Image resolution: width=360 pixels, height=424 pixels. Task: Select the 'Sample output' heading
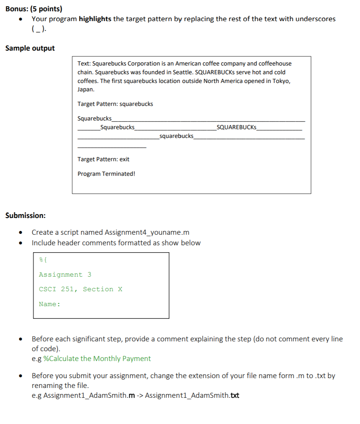30,48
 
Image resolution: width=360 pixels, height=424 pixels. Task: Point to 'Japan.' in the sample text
86,89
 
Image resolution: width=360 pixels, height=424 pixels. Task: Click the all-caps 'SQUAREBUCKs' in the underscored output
236,127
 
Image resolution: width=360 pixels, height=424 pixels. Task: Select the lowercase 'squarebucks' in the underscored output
176,136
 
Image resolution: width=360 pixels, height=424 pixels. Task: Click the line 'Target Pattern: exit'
103,159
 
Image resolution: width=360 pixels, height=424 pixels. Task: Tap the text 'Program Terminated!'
106,174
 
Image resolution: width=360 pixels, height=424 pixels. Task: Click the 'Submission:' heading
25,215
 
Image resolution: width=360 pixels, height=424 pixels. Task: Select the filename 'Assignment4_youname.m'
147,233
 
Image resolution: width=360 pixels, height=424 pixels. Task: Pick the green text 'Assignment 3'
65,275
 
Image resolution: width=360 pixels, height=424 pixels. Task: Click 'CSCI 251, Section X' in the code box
80,289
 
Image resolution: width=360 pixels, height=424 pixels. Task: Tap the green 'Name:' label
49,304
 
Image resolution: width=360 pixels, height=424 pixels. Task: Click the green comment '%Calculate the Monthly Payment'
97,359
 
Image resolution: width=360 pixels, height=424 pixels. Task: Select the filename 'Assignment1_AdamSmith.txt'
192,396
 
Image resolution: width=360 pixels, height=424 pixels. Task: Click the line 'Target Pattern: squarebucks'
115,104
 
